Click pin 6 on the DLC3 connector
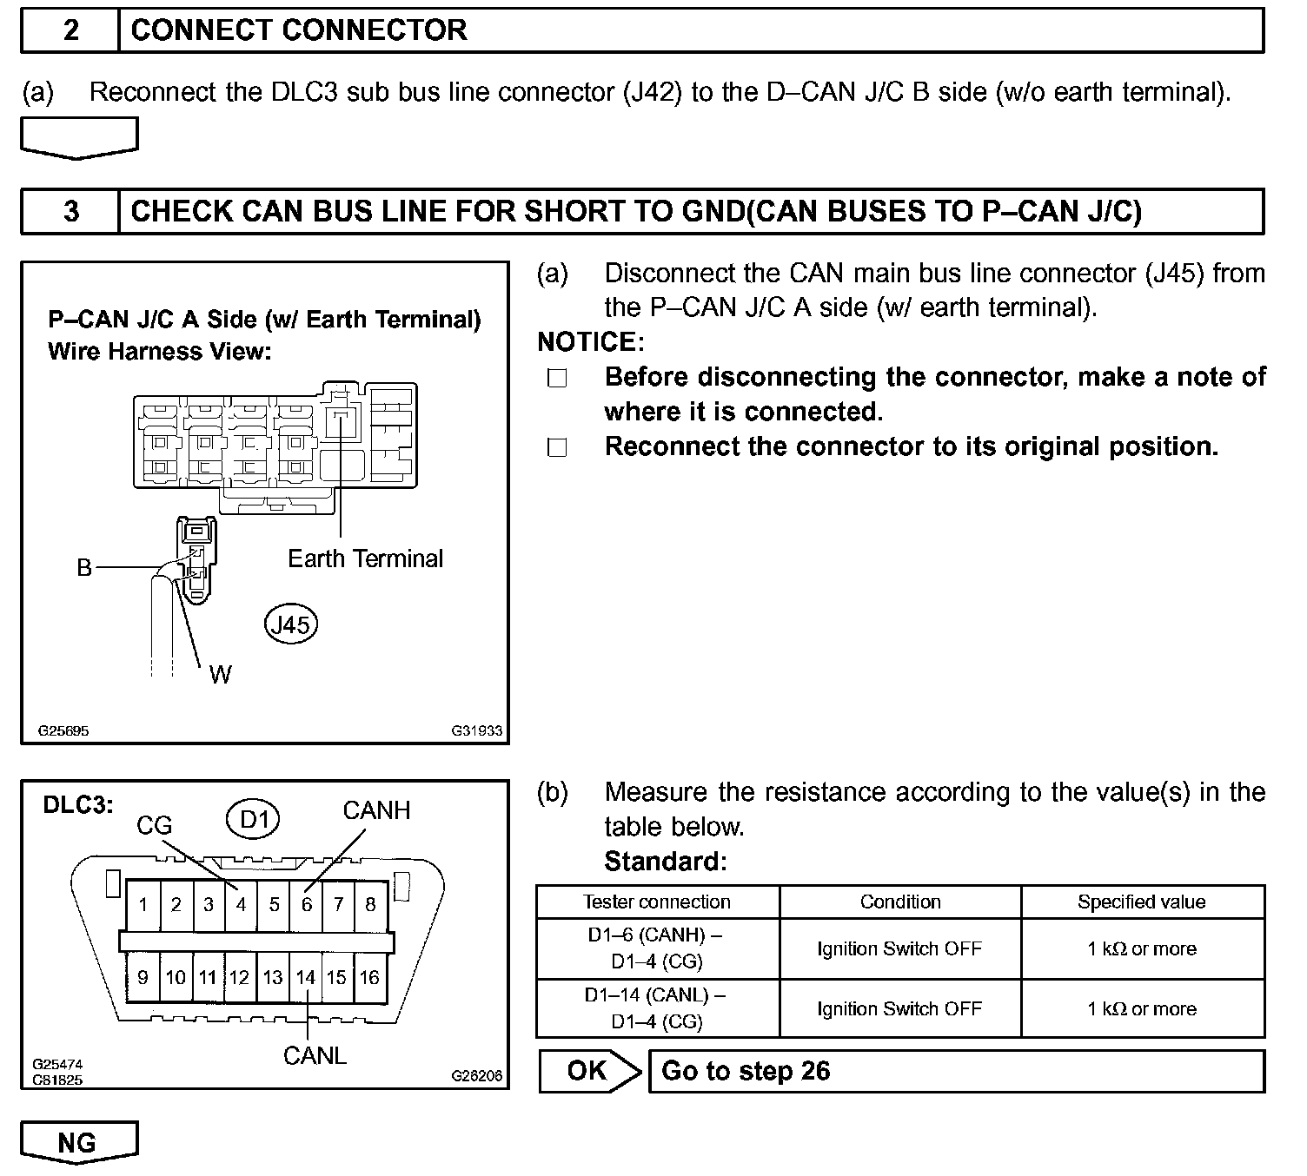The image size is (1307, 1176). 307,905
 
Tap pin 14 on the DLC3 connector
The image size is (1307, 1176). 305,977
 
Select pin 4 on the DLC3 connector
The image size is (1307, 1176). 241,905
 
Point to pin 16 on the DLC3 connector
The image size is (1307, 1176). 369,977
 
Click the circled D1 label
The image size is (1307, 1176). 255,819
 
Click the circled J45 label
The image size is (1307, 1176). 291,624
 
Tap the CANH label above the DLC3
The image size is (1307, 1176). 376,810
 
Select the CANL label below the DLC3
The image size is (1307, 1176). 315,1055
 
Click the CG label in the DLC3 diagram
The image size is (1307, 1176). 155,825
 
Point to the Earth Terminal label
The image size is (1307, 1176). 365,558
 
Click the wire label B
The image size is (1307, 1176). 84,568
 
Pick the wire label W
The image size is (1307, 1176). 221,675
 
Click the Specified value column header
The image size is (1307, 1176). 1141,902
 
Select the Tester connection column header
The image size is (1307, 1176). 657,902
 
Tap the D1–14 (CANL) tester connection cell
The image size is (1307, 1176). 657,1008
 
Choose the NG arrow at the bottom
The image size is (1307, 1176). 78,1143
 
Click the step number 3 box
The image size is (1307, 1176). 70,211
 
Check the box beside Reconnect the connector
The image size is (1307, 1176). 557,447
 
